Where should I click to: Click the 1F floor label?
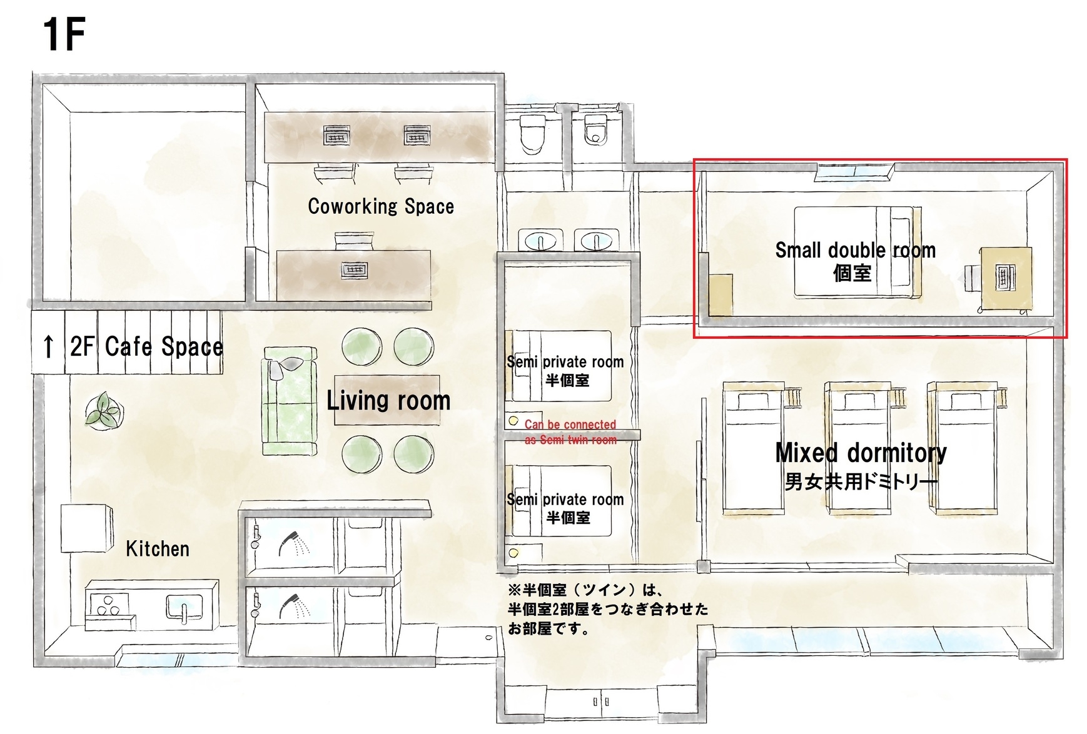[x=63, y=35]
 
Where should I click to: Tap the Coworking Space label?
[x=381, y=206]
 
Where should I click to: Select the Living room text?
[x=388, y=400]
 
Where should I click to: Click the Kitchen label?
[x=158, y=548]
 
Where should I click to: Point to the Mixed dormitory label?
[x=861, y=453]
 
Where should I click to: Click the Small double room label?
[x=856, y=250]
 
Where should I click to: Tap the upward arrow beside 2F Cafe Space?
[x=48, y=346]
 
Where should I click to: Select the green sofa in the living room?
[x=290, y=401]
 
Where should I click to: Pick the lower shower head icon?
[x=294, y=606]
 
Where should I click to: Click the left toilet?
[x=533, y=133]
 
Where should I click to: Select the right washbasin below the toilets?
[x=597, y=241]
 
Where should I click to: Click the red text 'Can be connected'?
[x=570, y=425]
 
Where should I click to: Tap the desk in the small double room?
[x=1006, y=278]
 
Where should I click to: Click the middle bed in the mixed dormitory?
[x=859, y=448]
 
